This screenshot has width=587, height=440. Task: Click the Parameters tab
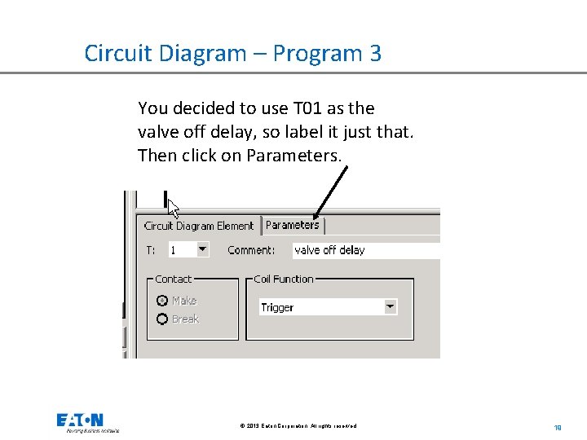(293, 225)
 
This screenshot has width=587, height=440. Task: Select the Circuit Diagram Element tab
(198, 226)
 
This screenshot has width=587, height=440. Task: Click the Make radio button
(162, 301)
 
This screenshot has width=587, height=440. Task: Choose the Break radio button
(162, 319)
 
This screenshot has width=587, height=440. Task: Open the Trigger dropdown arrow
(391, 307)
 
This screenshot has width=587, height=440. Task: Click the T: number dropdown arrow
(203, 249)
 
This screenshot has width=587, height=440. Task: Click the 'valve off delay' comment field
(363, 250)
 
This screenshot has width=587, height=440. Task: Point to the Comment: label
(251, 250)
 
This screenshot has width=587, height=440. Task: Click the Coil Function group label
(283, 279)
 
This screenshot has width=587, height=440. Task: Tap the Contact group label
(173, 279)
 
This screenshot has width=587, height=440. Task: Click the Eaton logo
(80, 421)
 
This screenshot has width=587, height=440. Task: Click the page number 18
(558, 426)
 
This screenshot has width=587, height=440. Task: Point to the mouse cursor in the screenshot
(173, 207)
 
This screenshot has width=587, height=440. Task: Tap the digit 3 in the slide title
(375, 54)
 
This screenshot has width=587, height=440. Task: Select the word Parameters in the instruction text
(297, 156)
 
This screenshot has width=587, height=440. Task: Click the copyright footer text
(298, 426)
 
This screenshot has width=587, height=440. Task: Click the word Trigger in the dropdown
(277, 308)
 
